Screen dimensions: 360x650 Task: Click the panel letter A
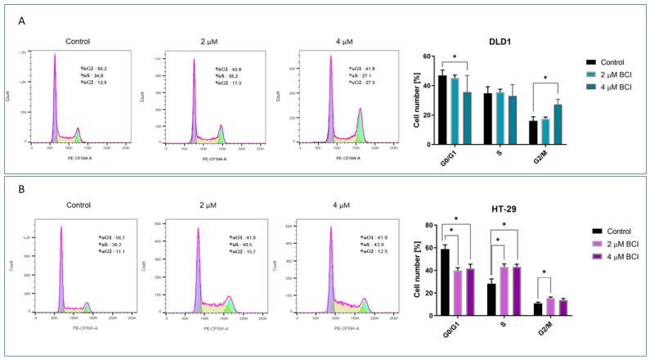click(22, 21)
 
